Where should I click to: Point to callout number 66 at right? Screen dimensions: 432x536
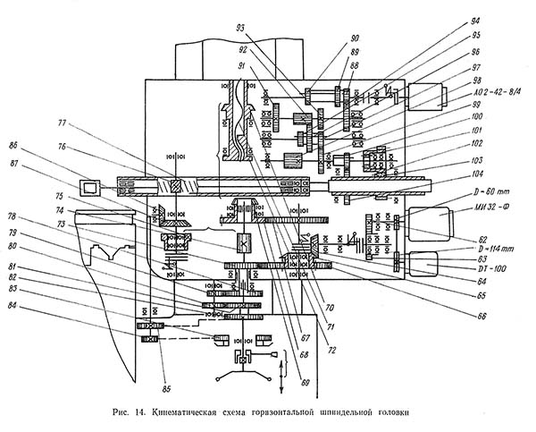tap(481, 315)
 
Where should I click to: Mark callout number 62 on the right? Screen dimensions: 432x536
tap(483, 241)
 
